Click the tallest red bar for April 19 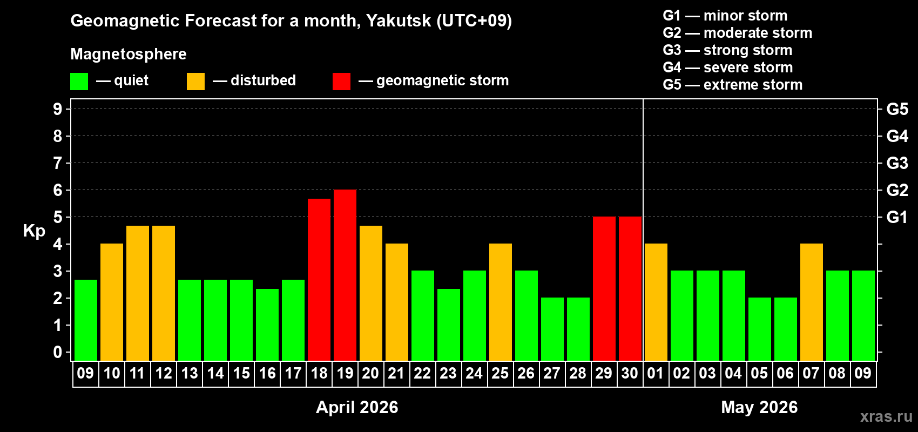tap(345, 275)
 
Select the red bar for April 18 tap(319, 279)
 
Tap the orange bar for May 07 tap(812, 302)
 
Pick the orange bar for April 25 tap(501, 302)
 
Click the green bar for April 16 tap(267, 325)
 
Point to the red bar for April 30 tap(630, 288)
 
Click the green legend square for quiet tap(79, 82)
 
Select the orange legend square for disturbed tap(195, 82)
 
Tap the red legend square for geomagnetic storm tap(341, 82)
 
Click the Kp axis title tap(34, 231)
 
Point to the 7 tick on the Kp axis tap(58, 163)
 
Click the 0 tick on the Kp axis tap(58, 353)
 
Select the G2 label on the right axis tap(897, 190)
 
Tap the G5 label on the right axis tap(897, 109)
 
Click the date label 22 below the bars tap(422, 373)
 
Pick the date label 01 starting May tap(656, 373)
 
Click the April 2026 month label tap(357, 407)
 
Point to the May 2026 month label tap(759, 407)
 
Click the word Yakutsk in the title tap(399, 21)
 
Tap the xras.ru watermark tap(886, 416)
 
